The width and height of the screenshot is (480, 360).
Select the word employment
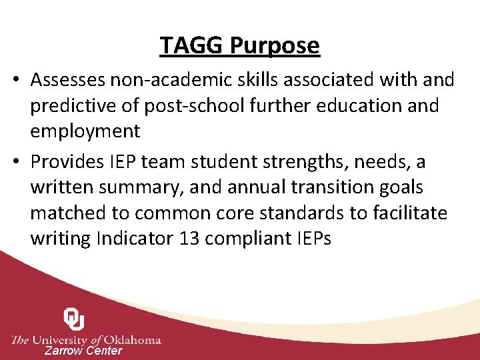click(85, 131)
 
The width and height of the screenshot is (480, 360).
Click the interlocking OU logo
click(74, 319)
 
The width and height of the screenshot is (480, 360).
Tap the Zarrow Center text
click(83, 351)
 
